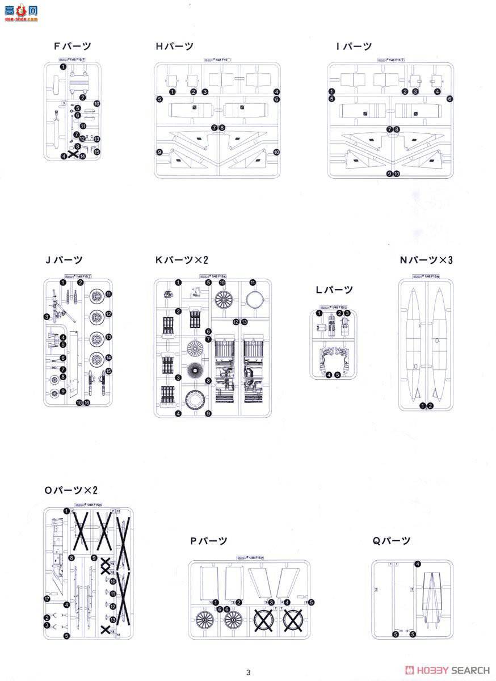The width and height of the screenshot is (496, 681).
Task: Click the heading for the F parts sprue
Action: click(x=72, y=47)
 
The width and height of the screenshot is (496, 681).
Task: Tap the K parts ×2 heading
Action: click(x=182, y=260)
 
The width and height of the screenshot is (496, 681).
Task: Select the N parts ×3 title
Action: click(x=430, y=260)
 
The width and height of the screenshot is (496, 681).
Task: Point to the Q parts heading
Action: click(x=392, y=541)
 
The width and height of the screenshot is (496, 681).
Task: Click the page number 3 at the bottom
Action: click(x=248, y=672)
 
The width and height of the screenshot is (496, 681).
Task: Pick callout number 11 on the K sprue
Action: click(x=253, y=283)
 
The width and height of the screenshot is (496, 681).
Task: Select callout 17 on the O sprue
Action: click(x=47, y=598)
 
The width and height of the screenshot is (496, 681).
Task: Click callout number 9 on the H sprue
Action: click(x=159, y=152)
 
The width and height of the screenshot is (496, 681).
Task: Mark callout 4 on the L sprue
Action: click(x=329, y=374)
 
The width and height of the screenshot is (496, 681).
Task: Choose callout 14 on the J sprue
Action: click(x=108, y=358)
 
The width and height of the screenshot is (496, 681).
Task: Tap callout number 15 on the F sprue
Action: click(x=96, y=152)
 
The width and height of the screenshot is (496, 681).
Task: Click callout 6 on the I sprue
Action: click(x=449, y=99)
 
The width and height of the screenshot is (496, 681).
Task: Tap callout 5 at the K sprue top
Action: click(x=208, y=283)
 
